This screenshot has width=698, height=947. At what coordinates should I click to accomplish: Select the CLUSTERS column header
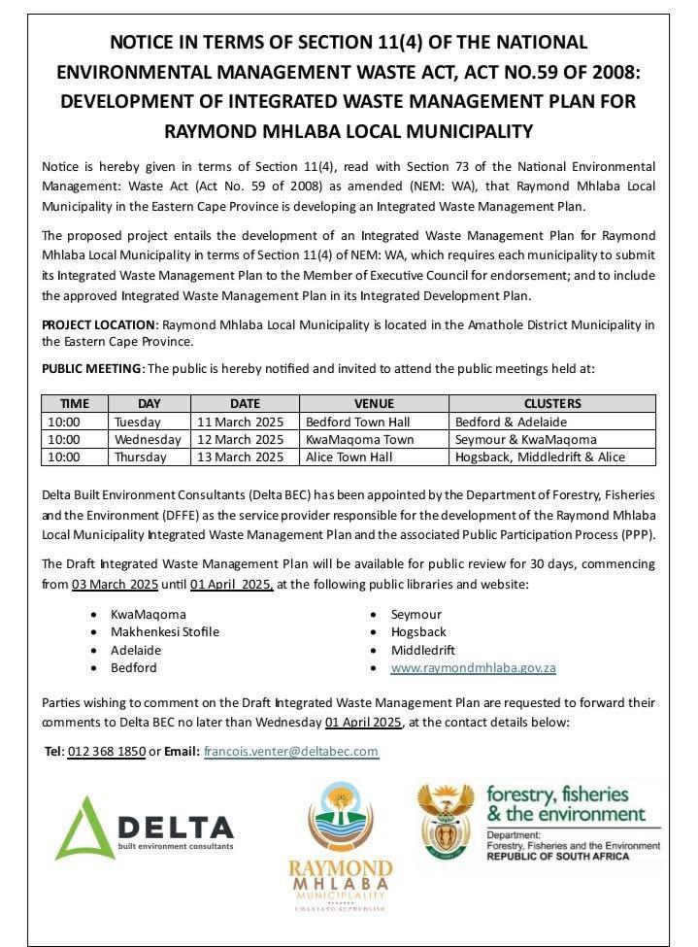[x=551, y=403]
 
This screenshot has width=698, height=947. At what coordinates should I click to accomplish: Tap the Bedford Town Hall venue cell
[x=357, y=422]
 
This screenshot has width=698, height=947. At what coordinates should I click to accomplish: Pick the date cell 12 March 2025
[x=240, y=439]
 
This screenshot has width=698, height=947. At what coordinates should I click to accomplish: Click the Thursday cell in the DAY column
[x=140, y=457]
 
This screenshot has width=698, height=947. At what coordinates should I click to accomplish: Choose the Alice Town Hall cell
[x=349, y=457]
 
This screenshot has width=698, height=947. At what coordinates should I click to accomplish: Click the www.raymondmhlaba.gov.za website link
[x=473, y=668]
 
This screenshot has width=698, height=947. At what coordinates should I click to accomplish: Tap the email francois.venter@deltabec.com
[x=290, y=751]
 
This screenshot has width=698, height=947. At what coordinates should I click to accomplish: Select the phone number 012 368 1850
[x=106, y=751]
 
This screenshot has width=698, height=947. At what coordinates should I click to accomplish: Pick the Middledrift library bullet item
[x=422, y=651]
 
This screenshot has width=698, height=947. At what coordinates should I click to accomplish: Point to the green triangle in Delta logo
[x=83, y=829]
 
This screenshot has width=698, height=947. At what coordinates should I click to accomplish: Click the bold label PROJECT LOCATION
[x=98, y=324]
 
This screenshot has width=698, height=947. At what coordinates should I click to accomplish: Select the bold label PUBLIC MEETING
[x=92, y=368]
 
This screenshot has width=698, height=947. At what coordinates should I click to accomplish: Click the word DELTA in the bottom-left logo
[x=179, y=828]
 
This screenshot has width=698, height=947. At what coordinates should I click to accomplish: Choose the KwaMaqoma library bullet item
[x=148, y=615]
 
